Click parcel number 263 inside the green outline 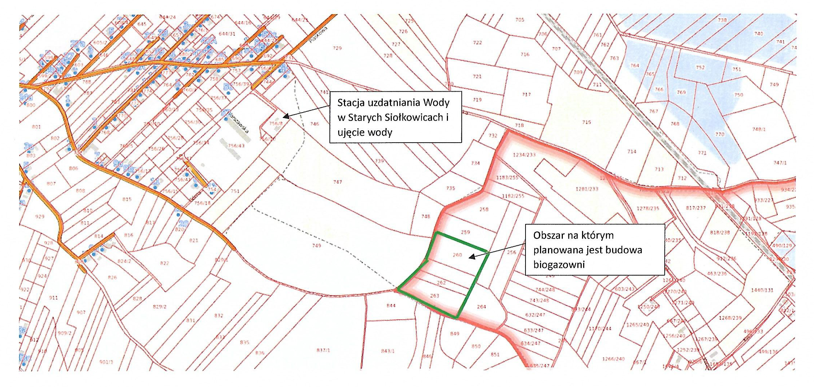pyautogui.click(x=434, y=296)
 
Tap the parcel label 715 pyautogui.click(x=586, y=122)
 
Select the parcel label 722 pyautogui.click(x=477, y=43)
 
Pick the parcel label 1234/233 pyautogui.click(x=524, y=155)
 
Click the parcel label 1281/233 pyautogui.click(x=587, y=189)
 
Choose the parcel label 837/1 pyautogui.click(x=323, y=350)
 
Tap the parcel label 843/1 pyautogui.click(x=387, y=351)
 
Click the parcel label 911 pyautogui.click(x=53, y=298)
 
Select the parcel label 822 pyautogui.click(x=164, y=263)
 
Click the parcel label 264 pyautogui.click(x=481, y=307)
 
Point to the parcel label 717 pyautogui.click(x=526, y=94)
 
